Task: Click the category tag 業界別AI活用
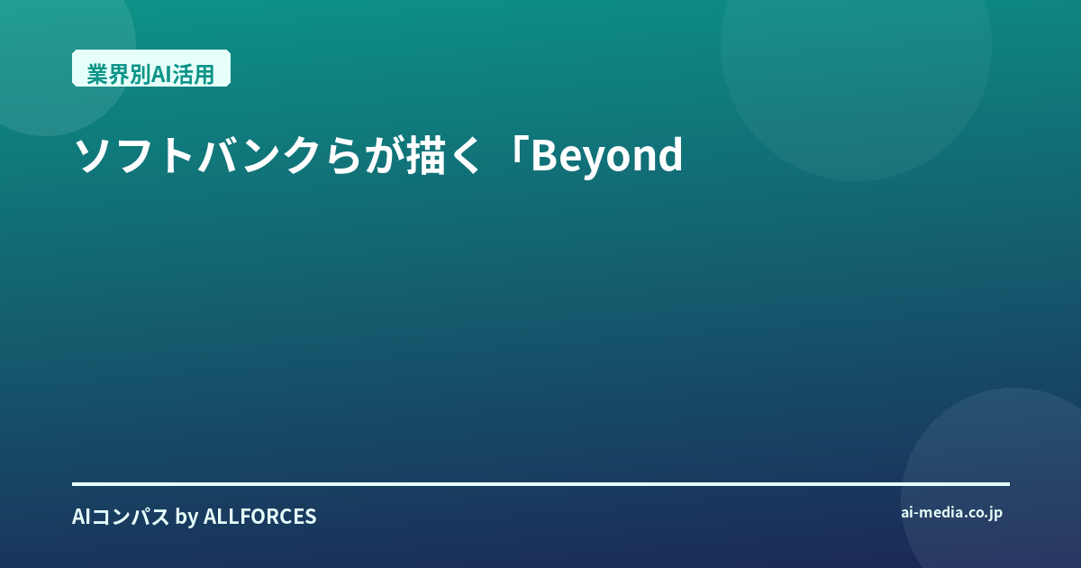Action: [x=151, y=69]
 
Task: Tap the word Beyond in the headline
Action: [x=606, y=156]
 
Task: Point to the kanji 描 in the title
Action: [x=424, y=155]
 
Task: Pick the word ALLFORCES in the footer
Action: [x=259, y=517]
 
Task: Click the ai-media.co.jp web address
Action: [x=951, y=513]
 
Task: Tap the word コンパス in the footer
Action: [x=131, y=517]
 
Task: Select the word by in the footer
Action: [x=186, y=518]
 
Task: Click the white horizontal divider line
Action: [x=540, y=484]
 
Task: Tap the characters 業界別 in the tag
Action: [x=119, y=75]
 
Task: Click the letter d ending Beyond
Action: [x=670, y=154]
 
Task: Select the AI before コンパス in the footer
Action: [x=81, y=517]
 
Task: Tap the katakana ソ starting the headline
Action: [x=93, y=155]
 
